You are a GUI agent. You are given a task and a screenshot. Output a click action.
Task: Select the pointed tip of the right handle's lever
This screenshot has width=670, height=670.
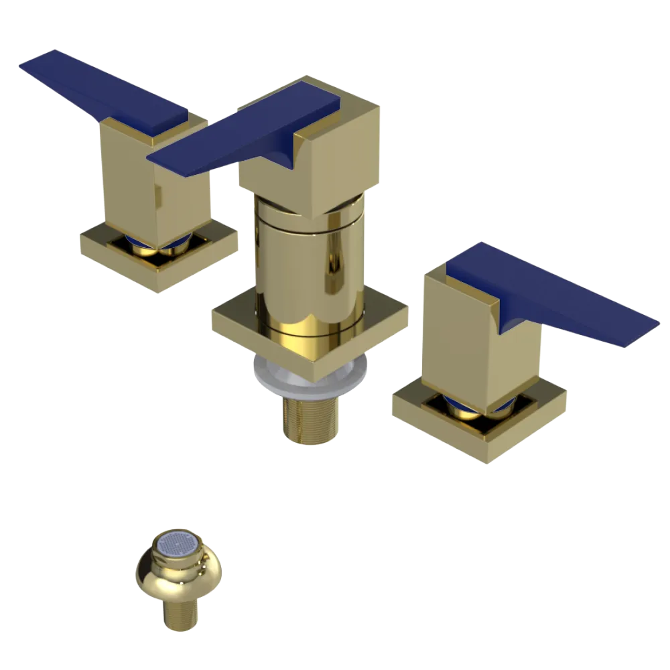coord(653,325)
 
